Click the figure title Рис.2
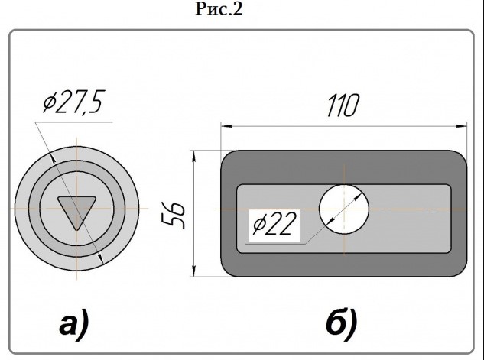pyautogui.click(x=219, y=8)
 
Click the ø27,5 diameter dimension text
pyautogui.click(x=73, y=102)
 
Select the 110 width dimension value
pyautogui.click(x=343, y=105)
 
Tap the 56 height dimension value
pyautogui.click(x=174, y=216)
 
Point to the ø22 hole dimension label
pyautogui.click(x=274, y=224)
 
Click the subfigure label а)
pyautogui.click(x=74, y=324)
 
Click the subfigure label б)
pyautogui.click(x=342, y=323)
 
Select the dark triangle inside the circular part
pyautogui.click(x=77, y=209)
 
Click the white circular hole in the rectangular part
pyautogui.click(x=344, y=209)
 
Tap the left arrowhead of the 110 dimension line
pyautogui.click(x=226, y=126)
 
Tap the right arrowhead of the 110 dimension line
pyautogui.click(x=462, y=126)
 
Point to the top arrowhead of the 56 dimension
pyautogui.click(x=193, y=156)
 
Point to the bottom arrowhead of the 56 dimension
pyautogui.click(x=193, y=271)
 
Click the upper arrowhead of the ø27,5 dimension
pyautogui.click(x=53, y=158)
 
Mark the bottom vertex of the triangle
pyautogui.click(x=77, y=230)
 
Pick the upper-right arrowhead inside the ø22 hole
pyautogui.click(x=357, y=197)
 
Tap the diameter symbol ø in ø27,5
pyautogui.click(x=50, y=102)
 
